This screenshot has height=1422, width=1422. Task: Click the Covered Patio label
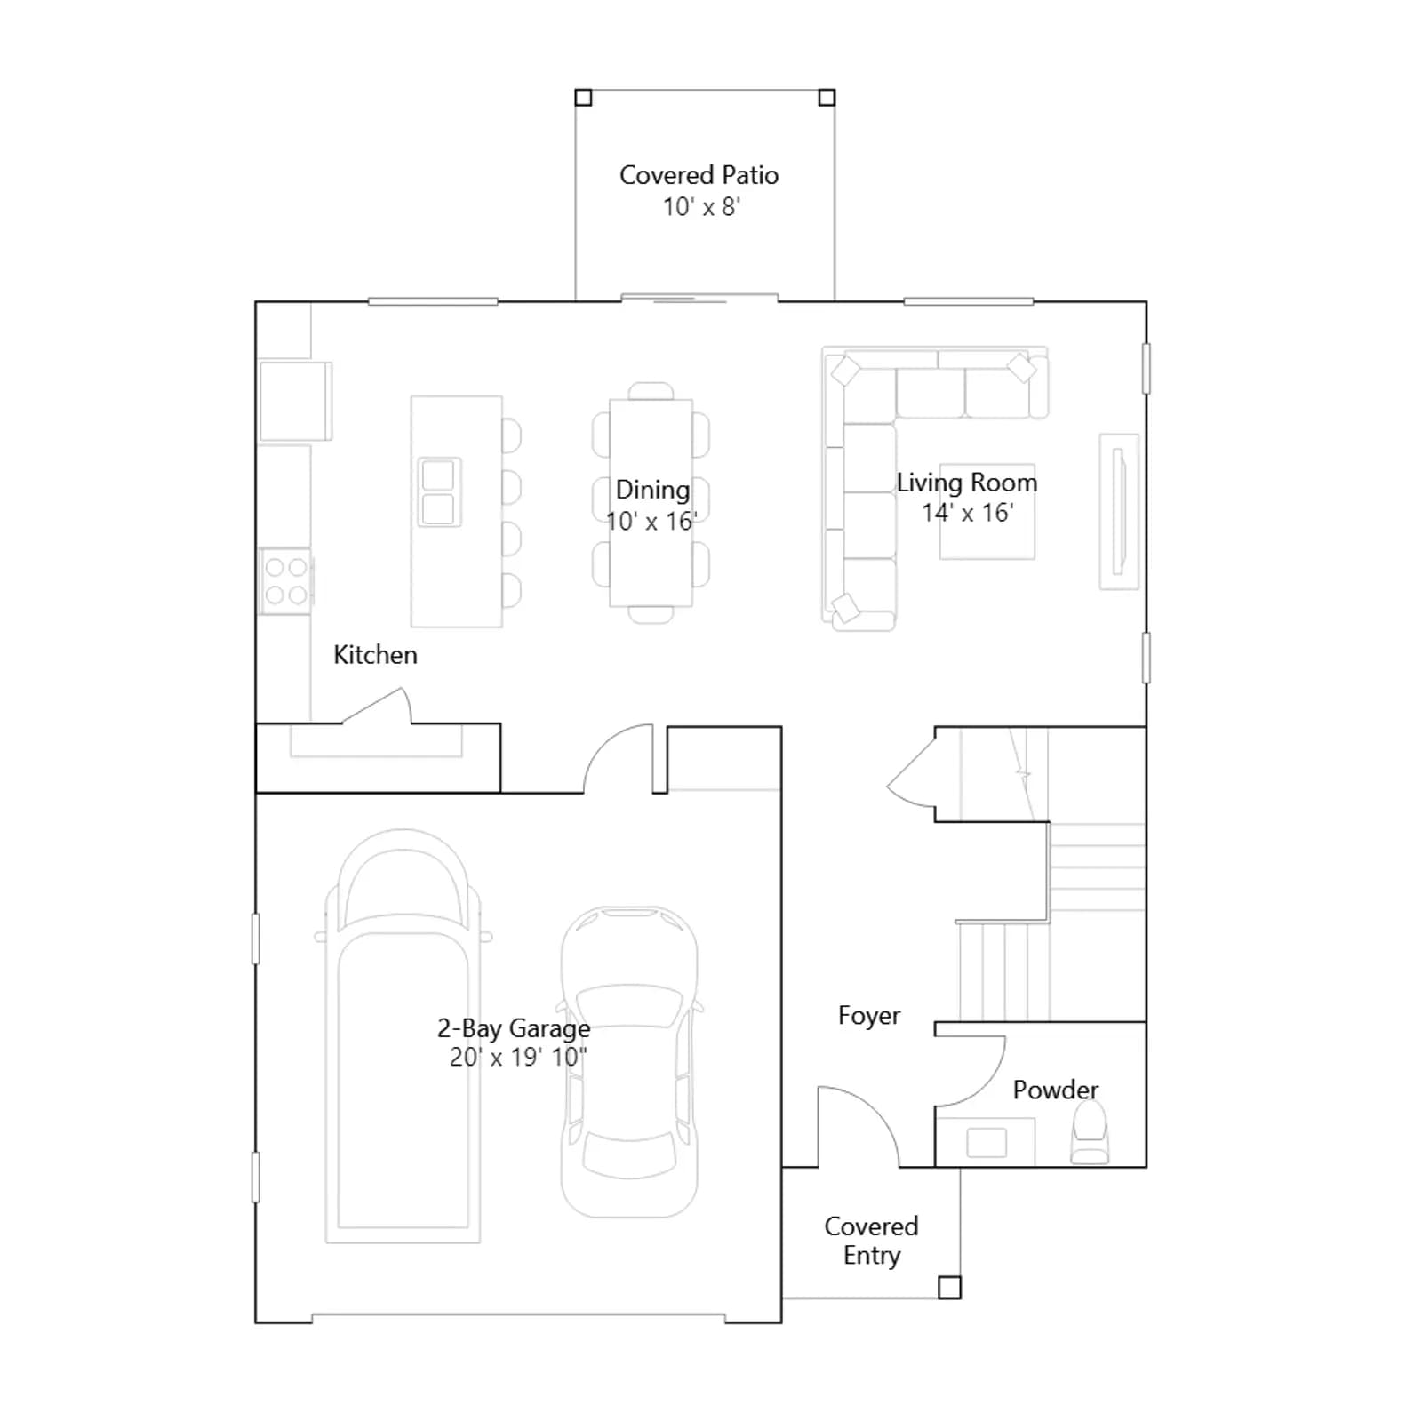pyautogui.click(x=699, y=175)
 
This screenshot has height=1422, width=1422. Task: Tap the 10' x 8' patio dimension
pyautogui.click(x=701, y=207)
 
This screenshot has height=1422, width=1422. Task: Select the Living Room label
pyautogui.click(x=967, y=483)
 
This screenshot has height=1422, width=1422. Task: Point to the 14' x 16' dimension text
pyautogui.click(x=967, y=513)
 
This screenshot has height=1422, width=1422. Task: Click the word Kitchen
pyautogui.click(x=375, y=655)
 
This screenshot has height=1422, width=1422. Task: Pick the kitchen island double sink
pyautogui.click(x=439, y=492)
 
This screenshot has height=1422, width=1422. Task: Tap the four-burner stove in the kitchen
pyautogui.click(x=285, y=581)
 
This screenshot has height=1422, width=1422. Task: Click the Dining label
pyautogui.click(x=652, y=490)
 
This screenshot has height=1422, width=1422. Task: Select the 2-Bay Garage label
pyautogui.click(x=514, y=1028)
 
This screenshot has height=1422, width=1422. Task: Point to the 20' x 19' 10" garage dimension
pyautogui.click(x=518, y=1058)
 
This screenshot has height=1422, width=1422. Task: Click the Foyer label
pyautogui.click(x=869, y=1016)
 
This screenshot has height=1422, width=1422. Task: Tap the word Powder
pyautogui.click(x=1056, y=1090)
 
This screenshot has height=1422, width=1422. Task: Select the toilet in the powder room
pyautogui.click(x=1090, y=1133)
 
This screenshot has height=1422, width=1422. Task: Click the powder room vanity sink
pyautogui.click(x=986, y=1143)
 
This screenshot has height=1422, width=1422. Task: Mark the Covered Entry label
pyautogui.click(x=871, y=1241)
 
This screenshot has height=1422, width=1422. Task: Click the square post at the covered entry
pyautogui.click(x=949, y=1287)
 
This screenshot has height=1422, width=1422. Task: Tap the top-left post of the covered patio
pyautogui.click(x=583, y=98)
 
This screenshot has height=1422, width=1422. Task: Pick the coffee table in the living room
pyautogui.click(x=987, y=512)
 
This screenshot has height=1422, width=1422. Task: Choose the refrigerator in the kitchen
pyautogui.click(x=295, y=401)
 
